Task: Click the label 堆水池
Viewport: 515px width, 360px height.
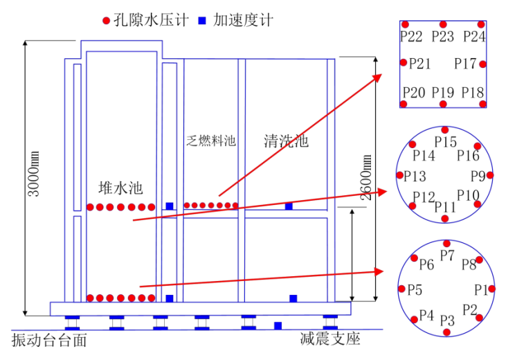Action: pyautogui.click(x=122, y=188)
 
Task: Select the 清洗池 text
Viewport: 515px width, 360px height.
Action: pyautogui.click(x=285, y=141)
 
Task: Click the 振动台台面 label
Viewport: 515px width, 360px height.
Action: pyautogui.click(x=50, y=340)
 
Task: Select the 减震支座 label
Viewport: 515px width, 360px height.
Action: pyautogui.click(x=330, y=340)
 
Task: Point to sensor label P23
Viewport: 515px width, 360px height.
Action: pyautogui.click(x=443, y=35)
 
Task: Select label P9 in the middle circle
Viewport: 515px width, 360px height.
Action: pyautogui.click(x=478, y=175)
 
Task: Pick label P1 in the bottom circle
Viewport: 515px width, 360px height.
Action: pyautogui.click(x=480, y=288)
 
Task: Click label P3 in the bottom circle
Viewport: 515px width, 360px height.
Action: pyautogui.click(x=447, y=320)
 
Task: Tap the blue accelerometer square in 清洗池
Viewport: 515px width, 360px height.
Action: pyautogui.click(x=289, y=206)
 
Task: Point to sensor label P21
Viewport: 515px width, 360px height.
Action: pyautogui.click(x=420, y=64)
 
